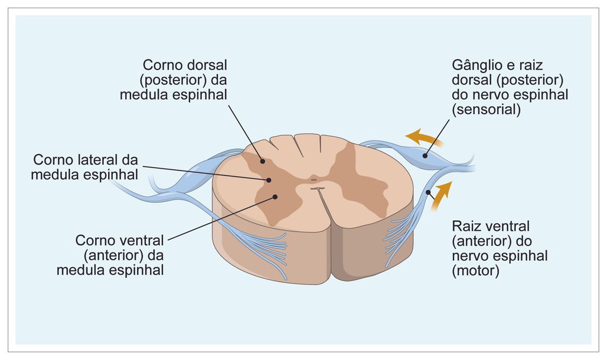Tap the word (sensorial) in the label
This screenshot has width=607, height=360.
tap(486, 109)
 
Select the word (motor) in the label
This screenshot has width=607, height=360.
tap(476, 271)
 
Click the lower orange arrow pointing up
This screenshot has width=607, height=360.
tap(441, 196)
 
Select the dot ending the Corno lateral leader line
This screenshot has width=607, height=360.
tap(269, 179)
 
